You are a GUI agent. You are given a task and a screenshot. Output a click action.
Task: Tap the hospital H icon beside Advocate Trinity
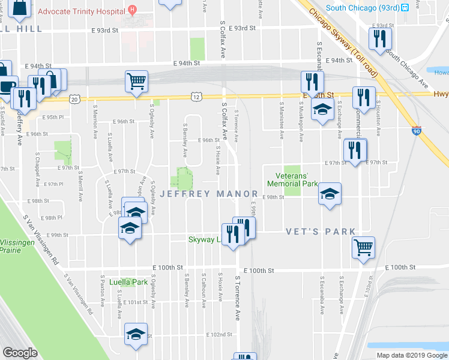coord(133,10)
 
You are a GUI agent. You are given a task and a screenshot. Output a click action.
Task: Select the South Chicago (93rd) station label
coord(363,7)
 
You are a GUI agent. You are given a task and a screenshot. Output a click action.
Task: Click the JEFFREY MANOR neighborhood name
coord(208,194)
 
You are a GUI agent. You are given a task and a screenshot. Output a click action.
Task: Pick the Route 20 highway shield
coord(74,98)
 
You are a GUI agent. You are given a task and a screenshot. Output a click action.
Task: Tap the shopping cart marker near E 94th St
coord(137,81)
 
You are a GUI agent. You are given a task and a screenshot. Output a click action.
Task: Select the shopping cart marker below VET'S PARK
coord(364,247)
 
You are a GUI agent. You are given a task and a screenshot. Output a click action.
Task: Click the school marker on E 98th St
coord(329,194)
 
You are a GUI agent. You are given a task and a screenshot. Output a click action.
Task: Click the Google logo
coord(20,353)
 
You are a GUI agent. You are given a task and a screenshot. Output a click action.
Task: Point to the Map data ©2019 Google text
coord(411,355)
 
